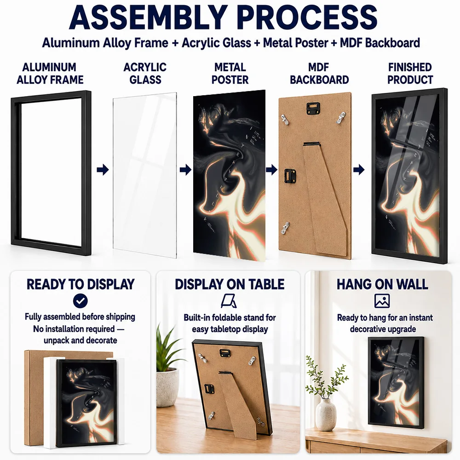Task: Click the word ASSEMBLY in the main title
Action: click(148, 17)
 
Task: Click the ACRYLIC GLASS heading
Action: click(145, 73)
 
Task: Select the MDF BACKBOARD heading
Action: click(319, 73)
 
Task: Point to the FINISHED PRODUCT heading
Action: click(410, 73)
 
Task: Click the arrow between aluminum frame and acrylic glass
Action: click(103, 170)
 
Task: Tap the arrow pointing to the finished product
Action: click(359, 170)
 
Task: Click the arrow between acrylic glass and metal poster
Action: click(185, 170)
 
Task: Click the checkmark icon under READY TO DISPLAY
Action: click(80, 301)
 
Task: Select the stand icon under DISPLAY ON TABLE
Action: click(229, 301)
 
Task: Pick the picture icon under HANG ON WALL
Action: click(382, 301)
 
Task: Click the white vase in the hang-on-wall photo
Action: click(326, 414)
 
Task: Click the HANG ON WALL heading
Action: click(382, 284)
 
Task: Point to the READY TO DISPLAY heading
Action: click(80, 284)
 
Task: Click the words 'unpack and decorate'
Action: click(80, 340)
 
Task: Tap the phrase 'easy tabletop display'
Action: click(230, 329)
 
